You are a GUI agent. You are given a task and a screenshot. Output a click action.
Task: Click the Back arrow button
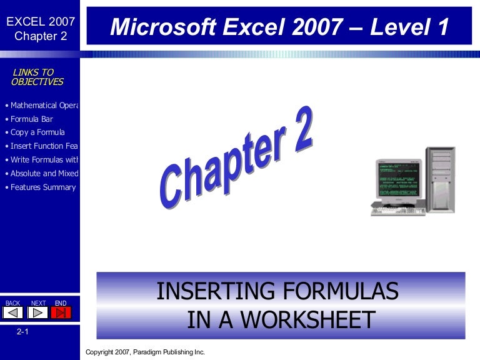tap(14, 312)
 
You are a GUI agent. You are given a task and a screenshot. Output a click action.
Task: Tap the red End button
tap(61, 312)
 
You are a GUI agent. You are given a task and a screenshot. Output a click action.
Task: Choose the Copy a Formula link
tap(37, 132)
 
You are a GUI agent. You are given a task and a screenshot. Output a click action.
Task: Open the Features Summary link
tap(42, 187)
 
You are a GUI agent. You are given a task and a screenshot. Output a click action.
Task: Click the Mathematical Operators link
tap(42, 105)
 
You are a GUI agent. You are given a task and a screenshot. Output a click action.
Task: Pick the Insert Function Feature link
tap(42, 146)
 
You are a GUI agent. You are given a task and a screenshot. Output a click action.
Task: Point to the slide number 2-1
tap(23, 333)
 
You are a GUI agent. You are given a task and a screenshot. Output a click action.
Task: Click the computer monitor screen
tap(397, 179)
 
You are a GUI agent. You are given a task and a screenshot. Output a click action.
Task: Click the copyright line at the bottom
tap(145, 352)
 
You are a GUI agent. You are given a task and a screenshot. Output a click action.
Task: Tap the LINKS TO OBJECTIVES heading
tap(37, 77)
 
